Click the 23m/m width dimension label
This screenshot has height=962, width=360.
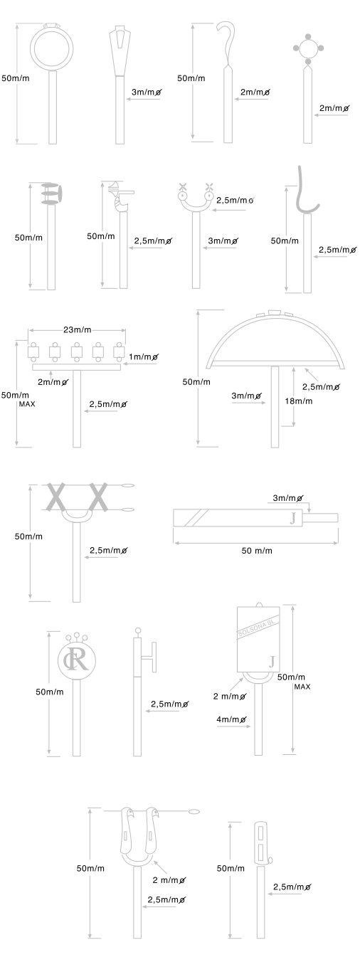point(78,330)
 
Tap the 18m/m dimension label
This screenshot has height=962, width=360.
point(299,401)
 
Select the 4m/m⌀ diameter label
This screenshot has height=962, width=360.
point(232,719)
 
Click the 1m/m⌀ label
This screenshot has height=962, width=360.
point(144,356)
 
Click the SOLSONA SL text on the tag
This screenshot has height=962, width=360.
point(259,629)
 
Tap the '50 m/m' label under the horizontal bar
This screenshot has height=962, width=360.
point(257,551)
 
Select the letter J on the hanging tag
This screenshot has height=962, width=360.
point(272,662)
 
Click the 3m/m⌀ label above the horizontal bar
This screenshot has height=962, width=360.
point(288,498)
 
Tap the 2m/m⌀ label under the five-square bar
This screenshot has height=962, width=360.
point(53,382)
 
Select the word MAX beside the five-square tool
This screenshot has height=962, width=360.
point(27,404)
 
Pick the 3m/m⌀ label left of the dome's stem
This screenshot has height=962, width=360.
point(247,396)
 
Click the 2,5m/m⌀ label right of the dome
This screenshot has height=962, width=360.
point(322,386)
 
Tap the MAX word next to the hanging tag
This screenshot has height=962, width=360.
point(302,687)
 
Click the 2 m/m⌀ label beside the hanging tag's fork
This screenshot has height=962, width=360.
point(230,696)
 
